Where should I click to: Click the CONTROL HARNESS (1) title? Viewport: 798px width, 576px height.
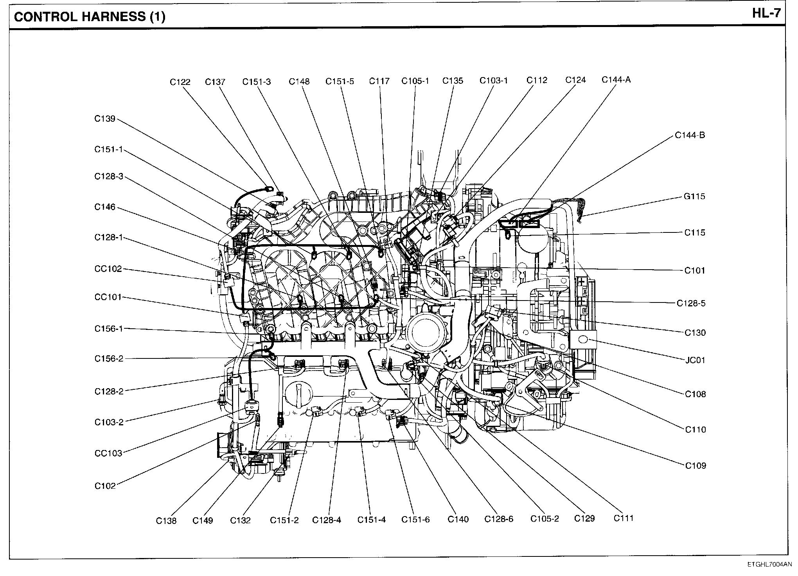tap(90, 17)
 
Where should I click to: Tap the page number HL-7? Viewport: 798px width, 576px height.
tap(766, 14)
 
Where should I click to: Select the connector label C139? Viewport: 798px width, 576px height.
tap(105, 119)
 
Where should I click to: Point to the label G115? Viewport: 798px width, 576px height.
tap(694, 196)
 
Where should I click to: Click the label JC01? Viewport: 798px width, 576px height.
tap(695, 360)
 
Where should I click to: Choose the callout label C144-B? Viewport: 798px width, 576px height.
tap(690, 135)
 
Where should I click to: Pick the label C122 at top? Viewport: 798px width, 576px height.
tap(180, 82)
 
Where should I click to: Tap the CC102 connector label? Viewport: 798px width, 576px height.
tap(108, 269)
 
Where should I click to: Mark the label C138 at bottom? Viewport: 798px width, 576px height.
tap(166, 521)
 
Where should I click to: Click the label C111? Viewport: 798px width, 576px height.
tap(623, 518)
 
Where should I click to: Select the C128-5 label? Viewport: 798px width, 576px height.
tap(691, 303)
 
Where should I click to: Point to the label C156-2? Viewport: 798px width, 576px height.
tap(109, 359)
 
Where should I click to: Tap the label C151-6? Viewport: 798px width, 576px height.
tap(415, 520)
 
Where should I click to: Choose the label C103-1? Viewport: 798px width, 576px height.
tap(494, 81)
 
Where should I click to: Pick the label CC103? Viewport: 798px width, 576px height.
tap(108, 454)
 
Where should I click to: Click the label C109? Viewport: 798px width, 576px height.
tap(696, 466)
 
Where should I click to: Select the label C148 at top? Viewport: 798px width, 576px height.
tap(299, 81)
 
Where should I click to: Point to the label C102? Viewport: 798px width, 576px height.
tap(105, 486)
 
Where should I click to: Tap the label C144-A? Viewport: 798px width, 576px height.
tap(616, 80)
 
